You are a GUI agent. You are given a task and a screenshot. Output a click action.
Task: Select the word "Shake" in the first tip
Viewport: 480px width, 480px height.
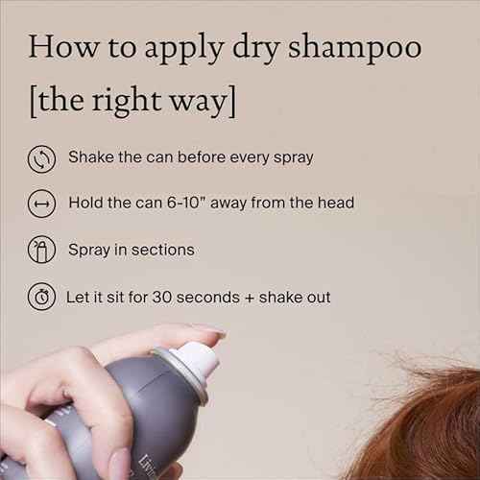coord(91,156)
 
